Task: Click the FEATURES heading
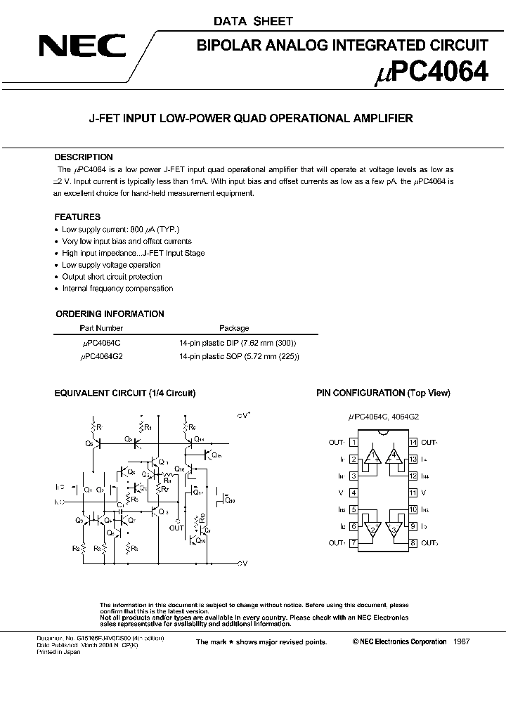77,217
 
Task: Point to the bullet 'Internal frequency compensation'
117,289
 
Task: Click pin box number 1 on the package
353,443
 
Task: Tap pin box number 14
413,443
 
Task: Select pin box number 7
353,543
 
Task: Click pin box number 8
413,543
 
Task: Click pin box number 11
413,493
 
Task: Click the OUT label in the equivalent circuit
176,527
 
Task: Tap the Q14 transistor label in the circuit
199,439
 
